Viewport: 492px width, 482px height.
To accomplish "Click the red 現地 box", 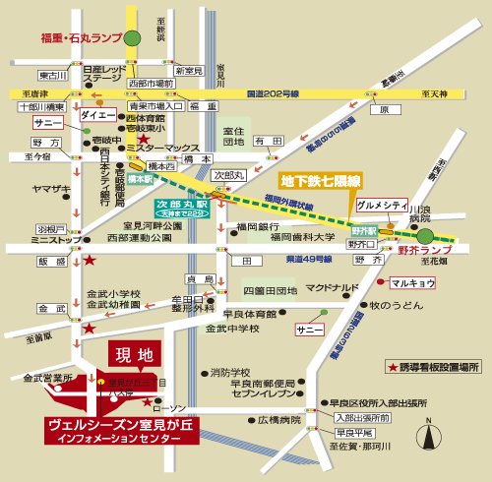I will coord(132,351).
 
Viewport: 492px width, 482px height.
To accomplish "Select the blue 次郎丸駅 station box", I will coord(183,207).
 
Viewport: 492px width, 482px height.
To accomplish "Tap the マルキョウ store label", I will coord(412,282).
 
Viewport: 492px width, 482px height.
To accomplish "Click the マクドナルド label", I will coord(333,288).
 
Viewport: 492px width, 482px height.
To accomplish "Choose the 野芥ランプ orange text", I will coord(424,252).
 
